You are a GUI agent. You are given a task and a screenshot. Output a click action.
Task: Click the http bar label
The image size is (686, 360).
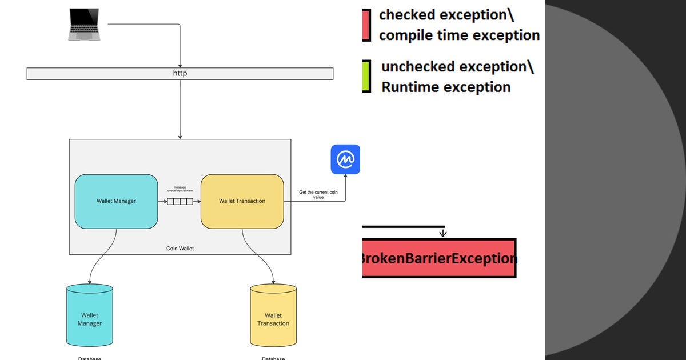pyautogui.click(x=180, y=73)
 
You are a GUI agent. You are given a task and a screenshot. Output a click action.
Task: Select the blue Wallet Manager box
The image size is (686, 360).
pyautogui.click(x=116, y=201)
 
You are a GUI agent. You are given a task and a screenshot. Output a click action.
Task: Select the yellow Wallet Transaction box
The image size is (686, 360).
pyautogui.click(x=242, y=201)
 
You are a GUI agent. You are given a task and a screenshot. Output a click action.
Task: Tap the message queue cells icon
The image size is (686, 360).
pyautogui.click(x=180, y=201)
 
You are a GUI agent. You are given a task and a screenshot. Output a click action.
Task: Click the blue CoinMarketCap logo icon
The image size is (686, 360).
pyautogui.click(x=345, y=159)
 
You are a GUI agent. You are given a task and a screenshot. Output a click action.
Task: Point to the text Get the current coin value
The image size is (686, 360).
pyautogui.click(x=318, y=195)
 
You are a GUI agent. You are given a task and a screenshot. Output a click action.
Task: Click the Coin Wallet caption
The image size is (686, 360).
pyautogui.click(x=180, y=249)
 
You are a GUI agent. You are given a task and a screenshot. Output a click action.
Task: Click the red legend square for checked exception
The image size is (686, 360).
pyautogui.click(x=366, y=25)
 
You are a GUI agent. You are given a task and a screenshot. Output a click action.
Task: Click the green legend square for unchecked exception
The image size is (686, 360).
pyautogui.click(x=366, y=76)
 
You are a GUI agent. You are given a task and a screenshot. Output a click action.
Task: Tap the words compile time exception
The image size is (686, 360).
pyautogui.click(x=458, y=35)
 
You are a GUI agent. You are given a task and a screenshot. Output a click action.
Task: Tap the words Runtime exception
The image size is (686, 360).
pyautogui.click(x=446, y=87)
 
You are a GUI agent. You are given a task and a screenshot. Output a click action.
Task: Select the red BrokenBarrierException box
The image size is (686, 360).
pyautogui.click(x=439, y=258)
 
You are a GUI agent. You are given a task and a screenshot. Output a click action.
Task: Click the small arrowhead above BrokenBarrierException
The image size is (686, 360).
pyautogui.click(x=442, y=233)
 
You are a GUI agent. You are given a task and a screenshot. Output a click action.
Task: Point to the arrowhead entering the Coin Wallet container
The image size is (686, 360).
pyautogui.click(x=180, y=137)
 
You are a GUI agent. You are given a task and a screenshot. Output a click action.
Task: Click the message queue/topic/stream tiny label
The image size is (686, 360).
pyautogui.click(x=180, y=190)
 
